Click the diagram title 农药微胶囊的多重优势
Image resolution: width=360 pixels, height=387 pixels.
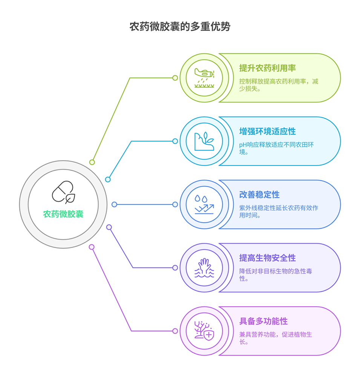pyautogui.click(x=180, y=27)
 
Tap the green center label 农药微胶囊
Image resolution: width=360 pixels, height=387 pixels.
pyautogui.click(x=63, y=214)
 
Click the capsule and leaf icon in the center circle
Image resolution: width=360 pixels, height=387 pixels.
pyautogui.click(x=63, y=192)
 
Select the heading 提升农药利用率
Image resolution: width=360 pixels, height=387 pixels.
pyautogui.click(x=267, y=68)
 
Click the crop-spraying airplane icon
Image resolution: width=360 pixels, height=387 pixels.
pyautogui.click(x=204, y=78)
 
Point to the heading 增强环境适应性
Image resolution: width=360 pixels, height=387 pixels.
pyautogui.click(x=267, y=131)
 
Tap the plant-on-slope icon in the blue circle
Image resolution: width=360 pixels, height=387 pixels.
pyautogui.click(x=204, y=141)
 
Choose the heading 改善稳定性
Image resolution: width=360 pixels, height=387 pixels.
pyautogui.click(x=259, y=195)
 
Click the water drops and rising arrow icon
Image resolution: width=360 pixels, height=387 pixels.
pyautogui.click(x=204, y=204)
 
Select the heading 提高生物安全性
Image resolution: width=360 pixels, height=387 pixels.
pyautogui.click(x=267, y=258)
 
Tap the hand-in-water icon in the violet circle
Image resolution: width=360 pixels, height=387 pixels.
pyautogui.click(x=204, y=268)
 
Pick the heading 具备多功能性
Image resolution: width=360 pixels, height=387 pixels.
pyautogui.click(x=263, y=321)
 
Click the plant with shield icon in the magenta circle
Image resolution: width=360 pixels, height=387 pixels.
pyautogui.click(x=204, y=331)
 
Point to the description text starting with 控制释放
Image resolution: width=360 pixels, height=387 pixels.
pyautogui.click(x=279, y=85)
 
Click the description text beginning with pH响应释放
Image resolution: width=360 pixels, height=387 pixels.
pyautogui.click(x=278, y=148)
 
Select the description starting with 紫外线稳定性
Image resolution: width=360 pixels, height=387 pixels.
pyautogui.click(x=279, y=212)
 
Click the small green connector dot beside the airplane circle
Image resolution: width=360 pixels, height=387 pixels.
pyautogui.click(x=175, y=78)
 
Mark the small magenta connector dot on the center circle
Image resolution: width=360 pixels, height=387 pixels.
pyautogui.click(x=92, y=247)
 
